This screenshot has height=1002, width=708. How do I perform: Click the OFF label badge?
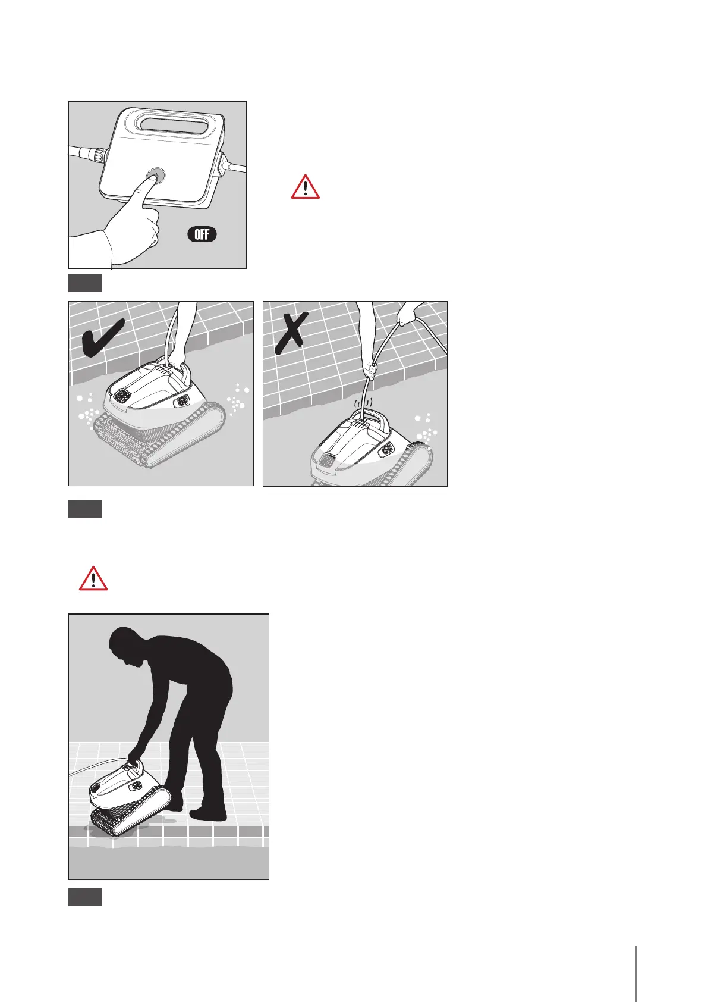pyautogui.click(x=202, y=234)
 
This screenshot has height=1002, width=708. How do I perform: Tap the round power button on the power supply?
pyautogui.click(x=155, y=174)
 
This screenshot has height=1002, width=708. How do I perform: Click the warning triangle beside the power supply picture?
pyautogui.click(x=306, y=186)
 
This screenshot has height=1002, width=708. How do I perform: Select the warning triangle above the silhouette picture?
pyautogui.click(x=93, y=578)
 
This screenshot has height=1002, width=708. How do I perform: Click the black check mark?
pyautogui.click(x=103, y=340)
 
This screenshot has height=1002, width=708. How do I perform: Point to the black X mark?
pyautogui.click(x=291, y=333)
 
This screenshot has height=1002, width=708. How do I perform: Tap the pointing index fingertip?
pyautogui.click(x=152, y=177)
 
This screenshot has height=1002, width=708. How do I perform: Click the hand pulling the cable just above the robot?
pyautogui.click(x=370, y=370)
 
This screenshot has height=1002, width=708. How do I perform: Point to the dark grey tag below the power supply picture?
pyautogui.click(x=85, y=283)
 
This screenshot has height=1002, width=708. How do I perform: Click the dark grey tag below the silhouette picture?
pyautogui.click(x=85, y=897)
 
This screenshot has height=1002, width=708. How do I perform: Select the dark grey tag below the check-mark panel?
pyautogui.click(x=85, y=509)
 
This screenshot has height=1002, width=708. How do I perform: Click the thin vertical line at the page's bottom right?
pyautogui.click(x=635, y=973)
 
